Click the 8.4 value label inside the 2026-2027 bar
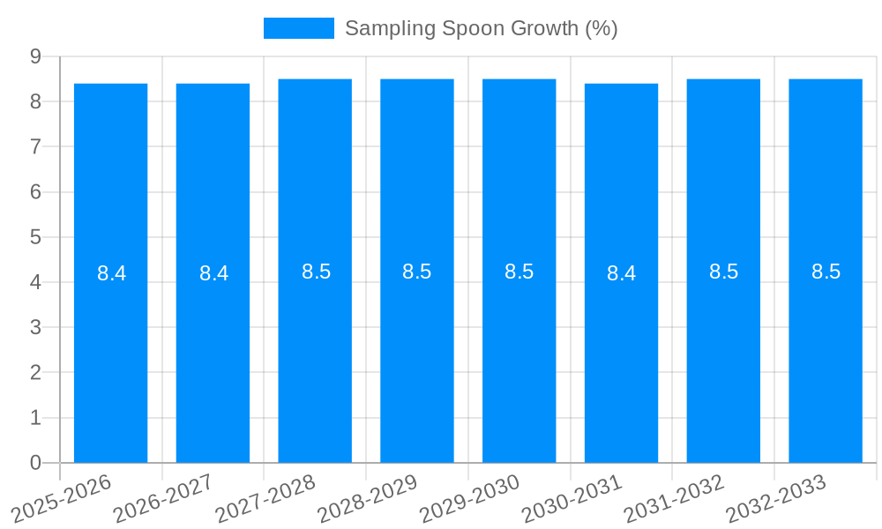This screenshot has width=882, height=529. click(x=213, y=273)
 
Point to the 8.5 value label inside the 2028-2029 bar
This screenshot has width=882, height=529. click(x=416, y=272)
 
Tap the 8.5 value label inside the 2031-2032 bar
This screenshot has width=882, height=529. click(x=723, y=272)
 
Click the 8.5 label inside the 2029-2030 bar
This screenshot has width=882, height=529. click(x=519, y=272)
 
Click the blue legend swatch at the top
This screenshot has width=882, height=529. click(x=298, y=28)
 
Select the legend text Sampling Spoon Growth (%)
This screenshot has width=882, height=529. click(x=481, y=28)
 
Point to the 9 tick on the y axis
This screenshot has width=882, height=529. click(x=36, y=56)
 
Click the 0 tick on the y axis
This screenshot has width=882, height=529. click(x=36, y=463)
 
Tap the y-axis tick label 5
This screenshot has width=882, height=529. click(x=36, y=237)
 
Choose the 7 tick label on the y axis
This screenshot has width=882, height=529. click(x=36, y=146)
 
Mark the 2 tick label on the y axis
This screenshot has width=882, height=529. click(x=36, y=373)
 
